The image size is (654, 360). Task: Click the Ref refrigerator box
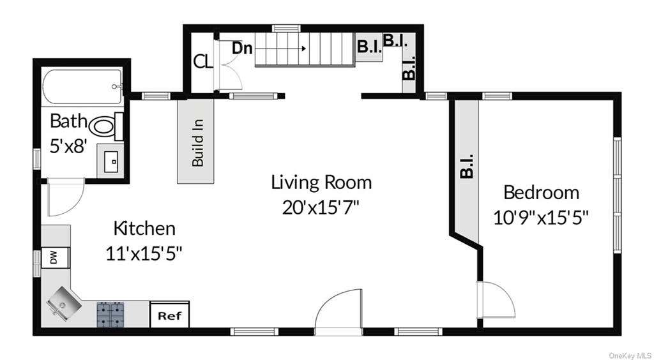pyautogui.click(x=169, y=315)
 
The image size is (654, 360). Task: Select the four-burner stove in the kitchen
pyautogui.click(x=110, y=314)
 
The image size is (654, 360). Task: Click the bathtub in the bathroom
pyautogui.click(x=82, y=87)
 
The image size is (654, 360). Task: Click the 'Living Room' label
pyautogui.click(x=321, y=183)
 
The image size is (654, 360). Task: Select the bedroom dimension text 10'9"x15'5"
pyautogui.click(x=541, y=218)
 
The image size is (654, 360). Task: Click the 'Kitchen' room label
pyautogui.click(x=144, y=229)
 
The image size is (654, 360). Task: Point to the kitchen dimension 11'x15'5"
pyautogui.click(x=144, y=253)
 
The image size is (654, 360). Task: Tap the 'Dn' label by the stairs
pyautogui.click(x=242, y=49)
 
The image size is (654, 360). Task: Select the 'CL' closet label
pyautogui.click(x=204, y=62)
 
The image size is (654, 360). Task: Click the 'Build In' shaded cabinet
pyautogui.click(x=195, y=142)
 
